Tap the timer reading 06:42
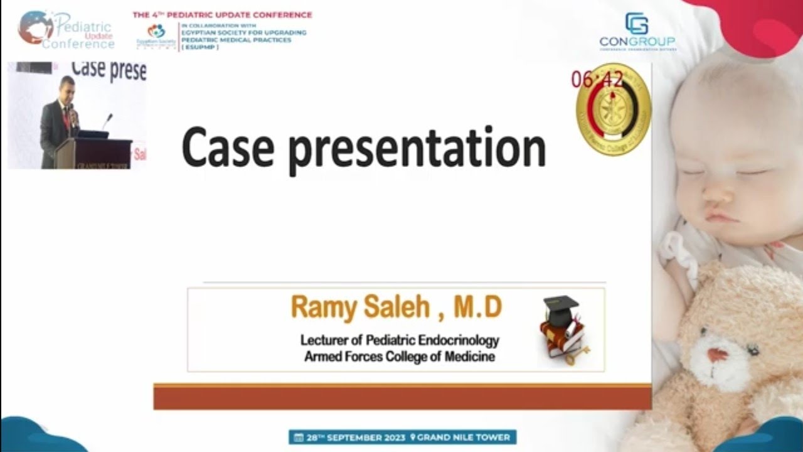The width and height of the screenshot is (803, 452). (x=597, y=80)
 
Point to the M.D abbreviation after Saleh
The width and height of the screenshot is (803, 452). (x=478, y=308)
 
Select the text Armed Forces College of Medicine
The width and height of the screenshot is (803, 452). (x=400, y=357)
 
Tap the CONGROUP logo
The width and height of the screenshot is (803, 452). (x=637, y=31)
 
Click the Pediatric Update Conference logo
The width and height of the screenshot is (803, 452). (x=66, y=30)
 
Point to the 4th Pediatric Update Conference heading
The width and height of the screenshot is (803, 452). (x=222, y=14)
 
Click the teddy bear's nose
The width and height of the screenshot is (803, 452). (x=716, y=355)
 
